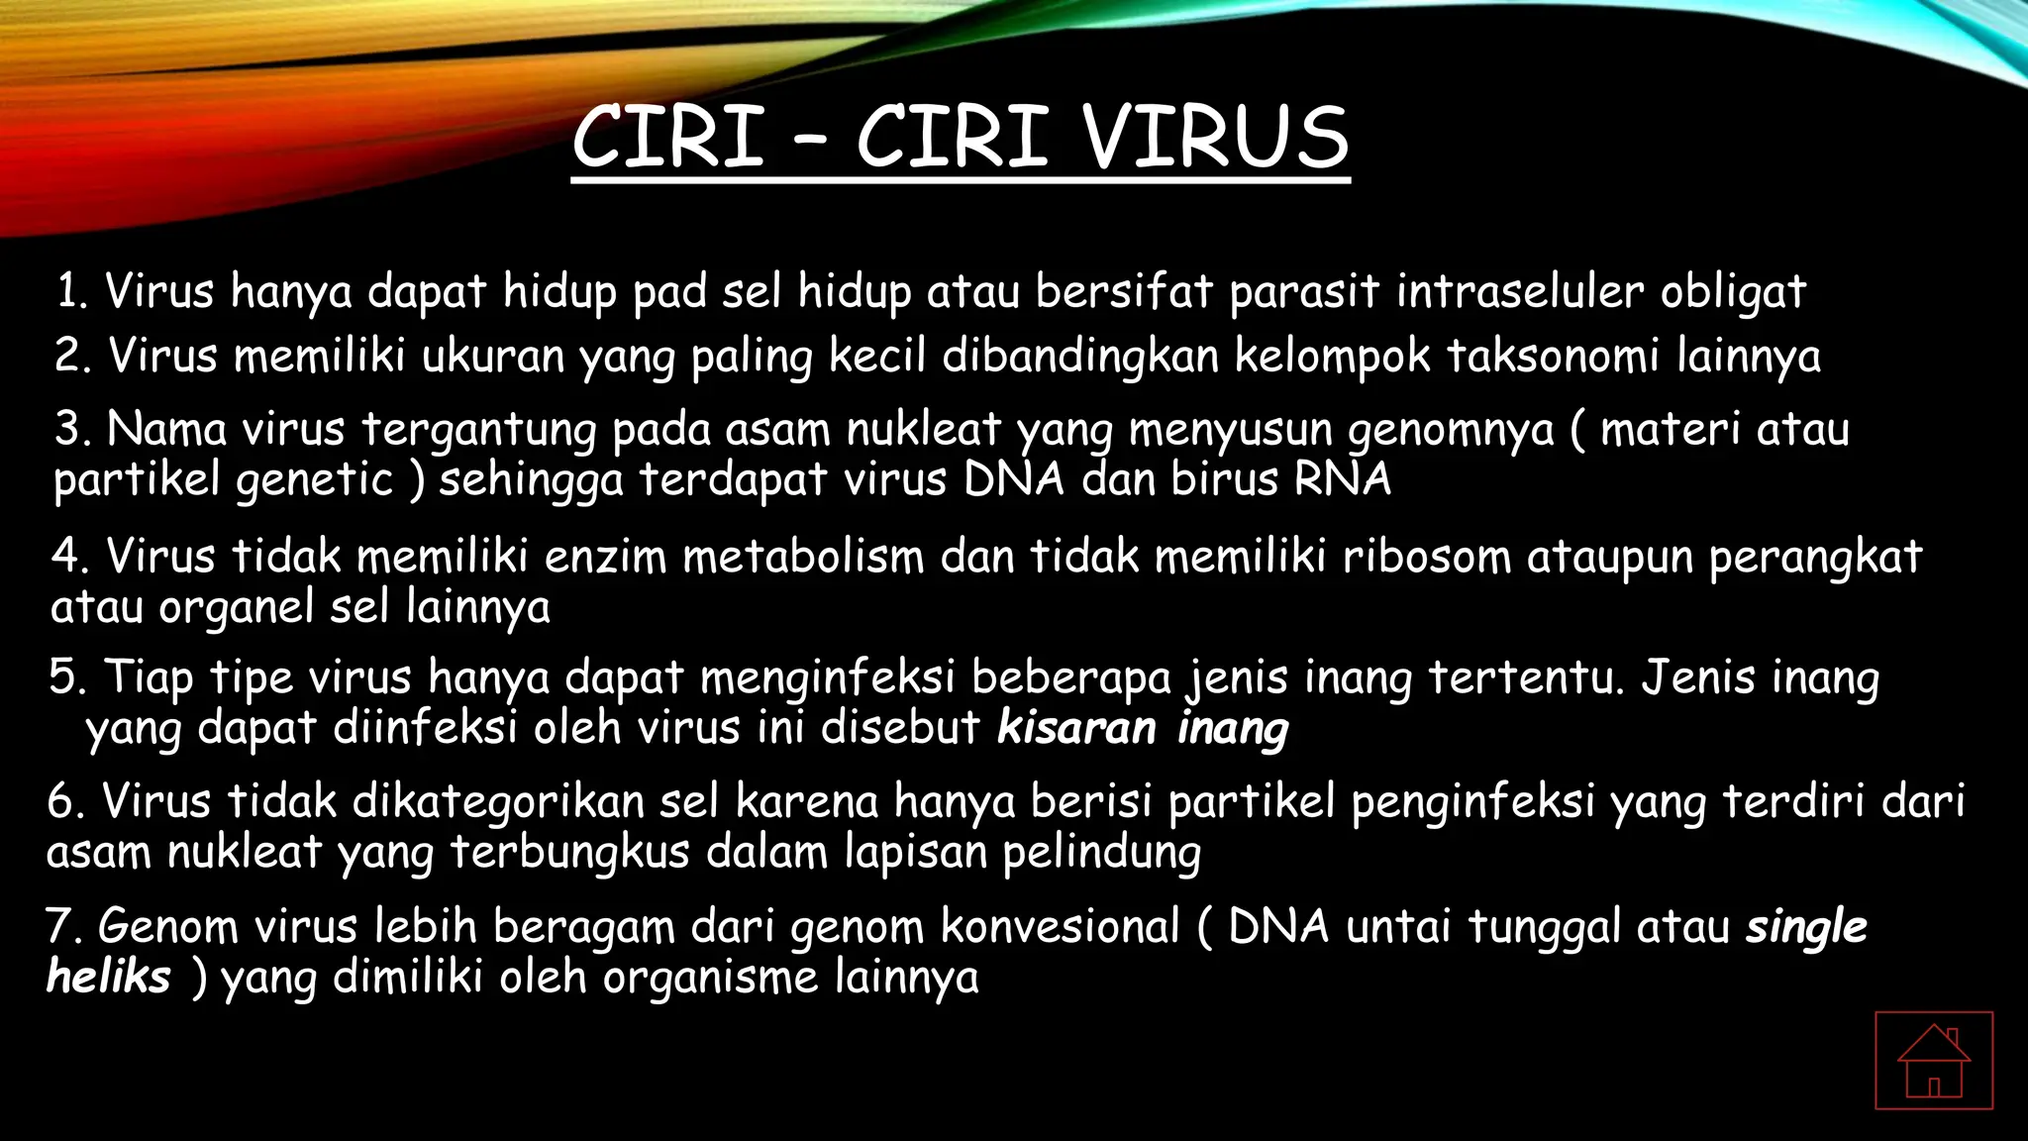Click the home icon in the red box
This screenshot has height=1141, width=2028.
point(1933,1061)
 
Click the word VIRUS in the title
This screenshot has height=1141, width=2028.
point(1215,138)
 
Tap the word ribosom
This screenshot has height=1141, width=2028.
point(1427,557)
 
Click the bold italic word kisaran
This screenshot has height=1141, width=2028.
point(1076,729)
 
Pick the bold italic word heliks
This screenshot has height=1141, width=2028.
point(109,978)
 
